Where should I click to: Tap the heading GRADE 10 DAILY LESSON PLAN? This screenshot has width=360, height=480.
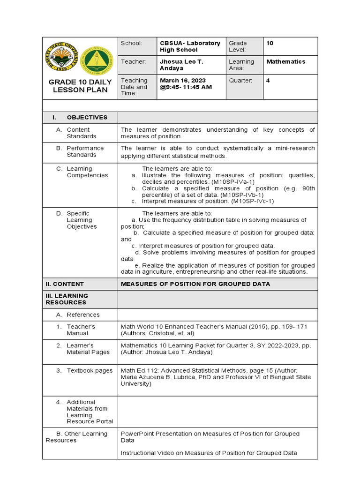80,86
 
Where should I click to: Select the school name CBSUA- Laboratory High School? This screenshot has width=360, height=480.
189,46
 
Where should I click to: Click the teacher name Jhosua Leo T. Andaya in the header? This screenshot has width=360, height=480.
181,65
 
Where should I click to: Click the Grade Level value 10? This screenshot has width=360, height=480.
270,43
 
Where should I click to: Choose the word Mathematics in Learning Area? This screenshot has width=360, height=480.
285,62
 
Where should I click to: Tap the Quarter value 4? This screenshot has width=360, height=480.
268,81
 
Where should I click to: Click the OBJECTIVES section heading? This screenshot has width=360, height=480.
87,117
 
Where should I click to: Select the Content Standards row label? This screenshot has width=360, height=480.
81,133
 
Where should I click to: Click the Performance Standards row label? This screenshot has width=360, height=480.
85,151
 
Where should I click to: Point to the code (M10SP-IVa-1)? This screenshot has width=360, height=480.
232,181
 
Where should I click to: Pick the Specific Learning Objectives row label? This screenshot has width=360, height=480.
82,220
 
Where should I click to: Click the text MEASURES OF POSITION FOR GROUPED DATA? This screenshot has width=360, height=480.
195,284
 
